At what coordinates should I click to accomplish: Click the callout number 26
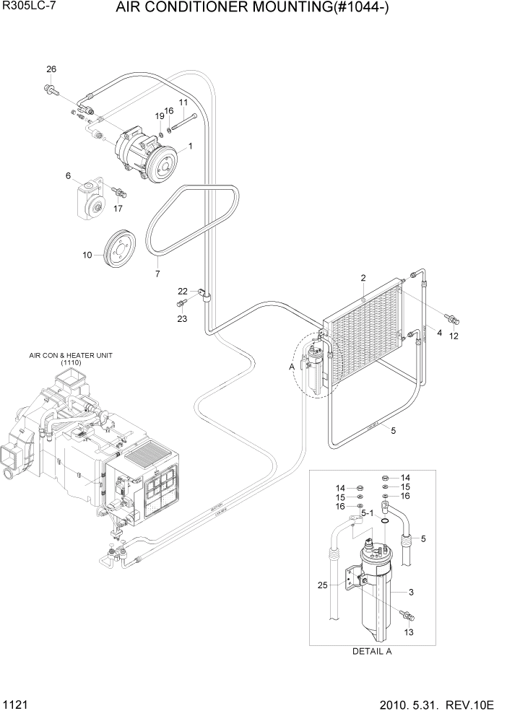point(51,69)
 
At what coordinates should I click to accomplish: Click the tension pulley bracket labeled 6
point(90,198)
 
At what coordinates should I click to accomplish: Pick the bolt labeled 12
point(451,318)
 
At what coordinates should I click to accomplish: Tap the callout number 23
point(181,318)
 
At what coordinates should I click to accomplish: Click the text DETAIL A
point(371,650)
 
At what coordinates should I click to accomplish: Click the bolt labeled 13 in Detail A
point(407,615)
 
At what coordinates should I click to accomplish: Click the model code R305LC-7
point(28,9)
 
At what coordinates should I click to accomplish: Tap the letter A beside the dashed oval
point(291,367)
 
